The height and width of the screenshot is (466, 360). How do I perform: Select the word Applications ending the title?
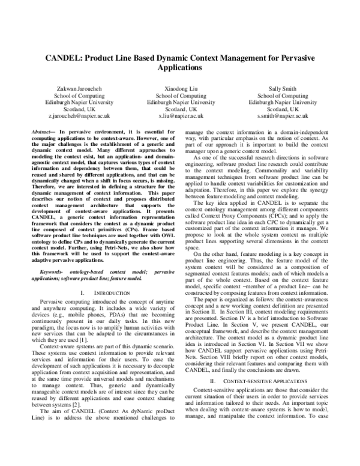pos(180,68)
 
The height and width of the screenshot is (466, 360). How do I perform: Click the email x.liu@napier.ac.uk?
pos(181,116)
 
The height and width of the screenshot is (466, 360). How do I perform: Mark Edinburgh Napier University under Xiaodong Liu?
pos(181,101)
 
